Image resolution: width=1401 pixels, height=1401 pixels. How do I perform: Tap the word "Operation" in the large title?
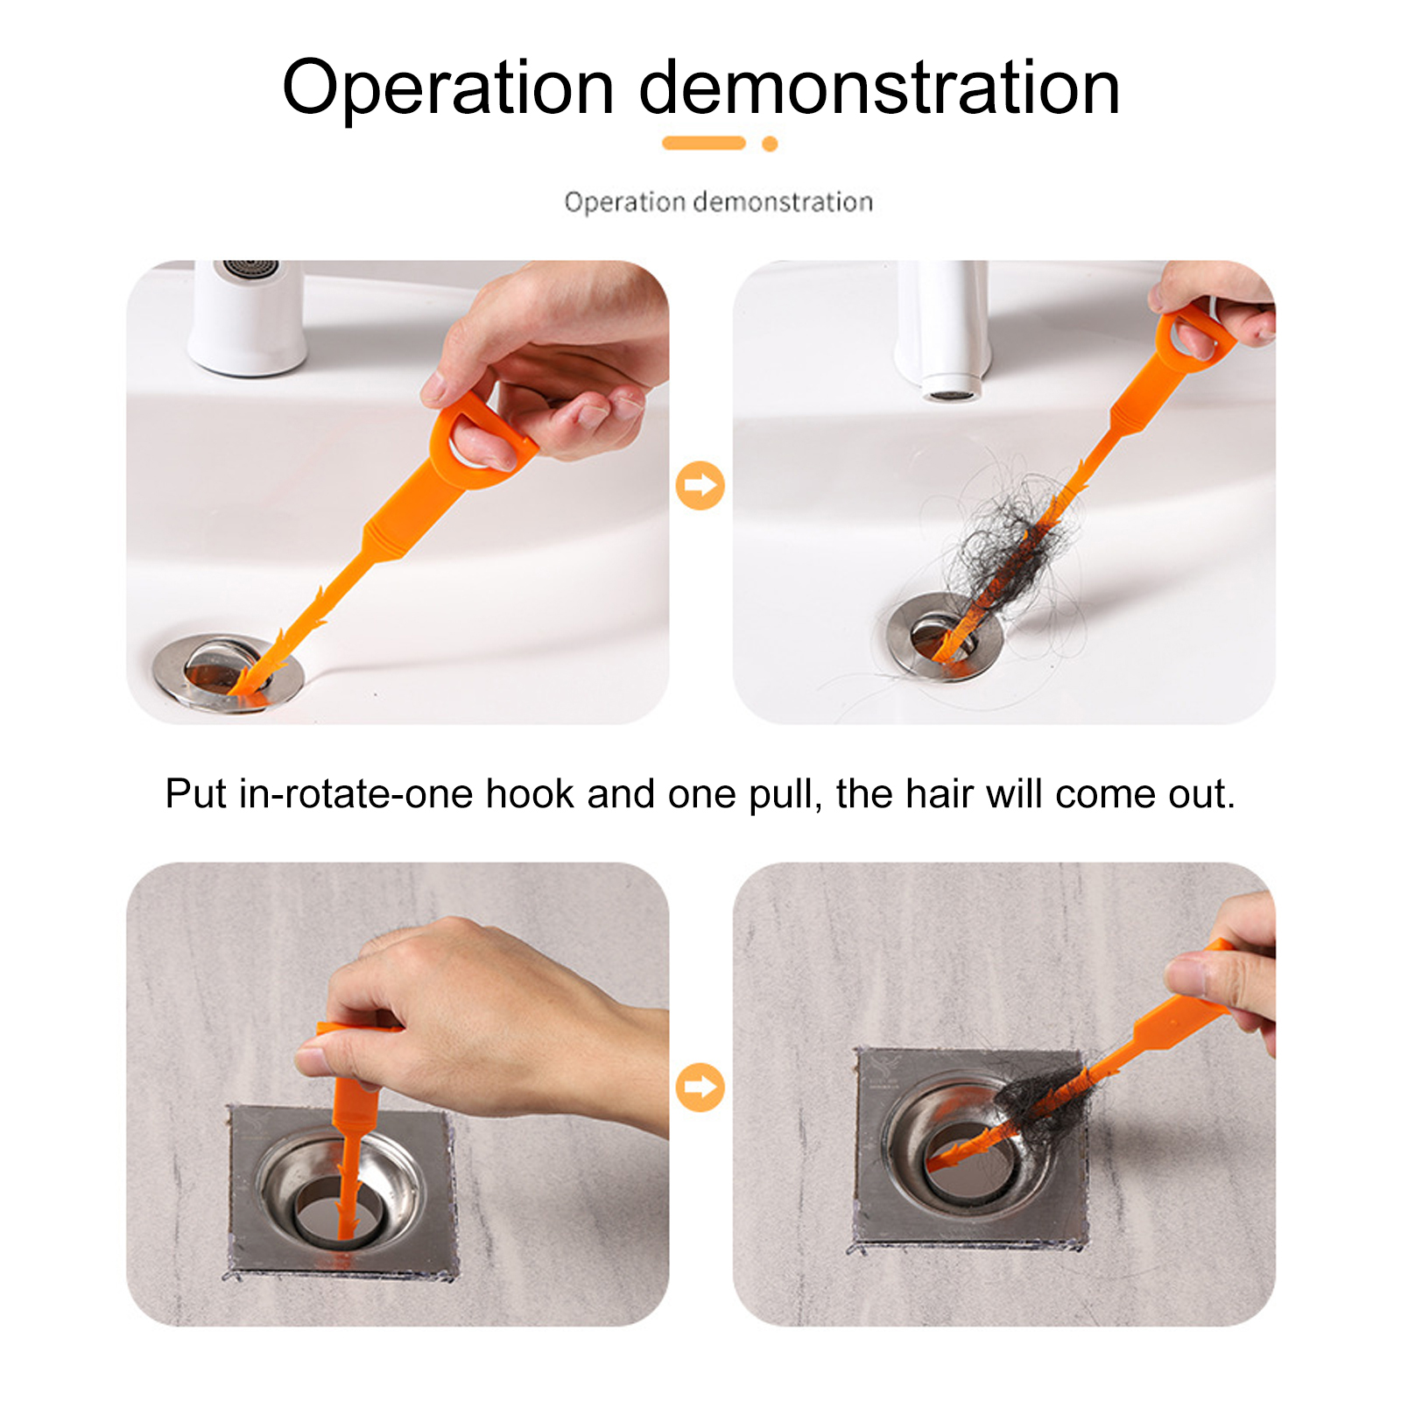pos(447,88)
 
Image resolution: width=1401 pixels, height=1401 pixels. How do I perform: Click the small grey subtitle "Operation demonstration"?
pos(718,202)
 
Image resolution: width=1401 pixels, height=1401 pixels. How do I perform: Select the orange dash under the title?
pos(704,143)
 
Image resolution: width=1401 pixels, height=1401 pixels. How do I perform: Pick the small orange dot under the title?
pos(770,144)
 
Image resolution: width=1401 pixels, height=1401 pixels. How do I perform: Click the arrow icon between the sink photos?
pos(700,485)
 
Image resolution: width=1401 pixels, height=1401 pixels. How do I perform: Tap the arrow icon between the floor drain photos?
pos(700,1087)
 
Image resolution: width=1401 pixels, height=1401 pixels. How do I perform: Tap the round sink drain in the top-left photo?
pos(228,673)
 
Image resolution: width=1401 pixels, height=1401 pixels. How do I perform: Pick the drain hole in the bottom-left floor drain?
pos(338,1209)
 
